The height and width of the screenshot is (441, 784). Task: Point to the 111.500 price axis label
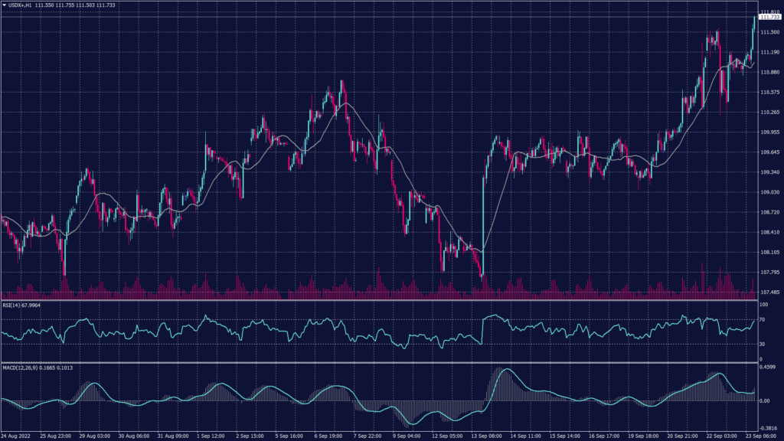pyautogui.click(x=769, y=32)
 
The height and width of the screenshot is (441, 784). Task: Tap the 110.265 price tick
pyautogui.click(x=769, y=113)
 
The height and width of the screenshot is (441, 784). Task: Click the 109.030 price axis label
pyautogui.click(x=769, y=192)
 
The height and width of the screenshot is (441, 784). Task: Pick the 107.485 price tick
pyautogui.click(x=769, y=292)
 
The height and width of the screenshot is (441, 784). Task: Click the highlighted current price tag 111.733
pyautogui.click(x=769, y=17)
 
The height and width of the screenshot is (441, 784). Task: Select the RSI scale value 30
pyautogui.click(x=762, y=344)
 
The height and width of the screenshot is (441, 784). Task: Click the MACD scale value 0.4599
pyautogui.click(x=768, y=368)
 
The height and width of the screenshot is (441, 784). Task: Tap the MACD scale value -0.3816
pyautogui.click(x=768, y=428)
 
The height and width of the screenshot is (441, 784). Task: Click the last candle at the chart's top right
pyautogui.click(x=755, y=27)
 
